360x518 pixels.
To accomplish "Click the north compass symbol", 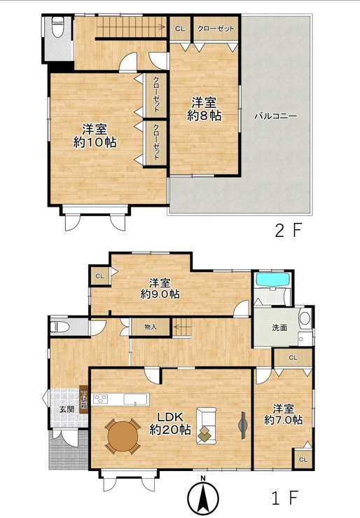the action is pyautogui.click(x=203, y=496).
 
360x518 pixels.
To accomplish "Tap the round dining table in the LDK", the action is pyautogui.click(x=123, y=437).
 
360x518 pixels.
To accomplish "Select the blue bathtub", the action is pyautogui.click(x=273, y=280).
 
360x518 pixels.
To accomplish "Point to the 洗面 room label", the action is pyautogui.click(x=279, y=328).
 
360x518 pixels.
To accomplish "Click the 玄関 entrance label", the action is pyautogui.click(x=67, y=409).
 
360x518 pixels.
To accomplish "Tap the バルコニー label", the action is pyautogui.click(x=276, y=116).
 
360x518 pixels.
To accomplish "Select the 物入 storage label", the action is pyautogui.click(x=151, y=327).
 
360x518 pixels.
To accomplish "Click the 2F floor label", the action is pyautogui.click(x=289, y=230).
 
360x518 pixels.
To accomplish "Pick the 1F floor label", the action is pyautogui.click(x=285, y=498).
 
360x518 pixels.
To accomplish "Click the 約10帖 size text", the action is pyautogui.click(x=95, y=142).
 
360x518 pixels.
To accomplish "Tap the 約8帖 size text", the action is pyautogui.click(x=204, y=115).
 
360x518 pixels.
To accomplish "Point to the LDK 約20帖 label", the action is pyautogui.click(x=170, y=423).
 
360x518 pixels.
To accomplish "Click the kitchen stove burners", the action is pyautogui.click(x=101, y=399).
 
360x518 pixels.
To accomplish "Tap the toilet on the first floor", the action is pyautogui.click(x=60, y=327).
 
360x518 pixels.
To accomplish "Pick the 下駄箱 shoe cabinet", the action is pyautogui.click(x=84, y=400).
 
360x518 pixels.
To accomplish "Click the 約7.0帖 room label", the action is pyautogui.click(x=284, y=414).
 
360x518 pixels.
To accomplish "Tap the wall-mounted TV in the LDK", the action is pyautogui.click(x=243, y=425).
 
